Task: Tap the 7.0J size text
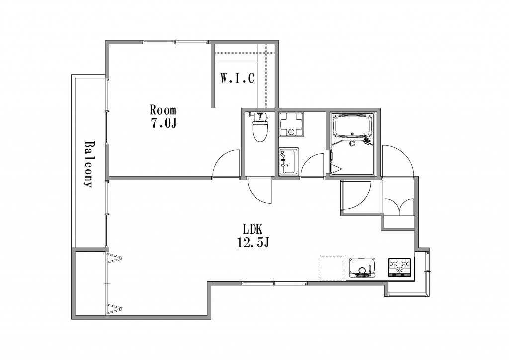pos(163,124)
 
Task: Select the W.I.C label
pos(237,78)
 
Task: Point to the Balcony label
pos(88,164)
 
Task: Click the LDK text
pos(253,230)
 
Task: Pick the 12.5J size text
pos(253,243)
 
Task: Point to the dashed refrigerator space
pos(332,268)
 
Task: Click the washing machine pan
pos(292,125)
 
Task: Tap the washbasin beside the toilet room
pos(289,161)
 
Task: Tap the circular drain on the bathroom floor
pos(352,143)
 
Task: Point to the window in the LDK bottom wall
pos(274,283)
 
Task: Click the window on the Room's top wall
pos(175,42)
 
